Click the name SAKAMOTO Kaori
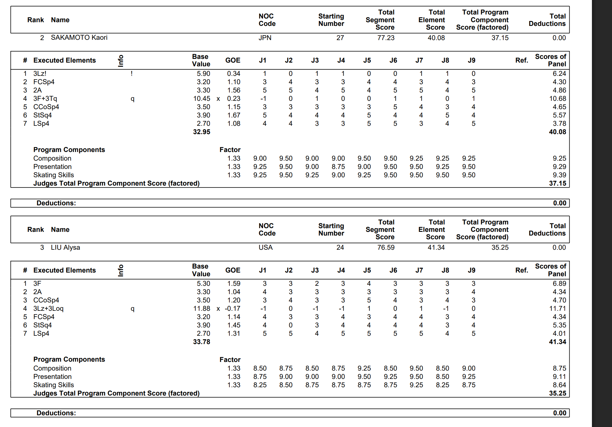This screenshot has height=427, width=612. [x=79, y=38]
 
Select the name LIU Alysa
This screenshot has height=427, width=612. [x=65, y=248]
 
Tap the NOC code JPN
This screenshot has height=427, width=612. [x=265, y=38]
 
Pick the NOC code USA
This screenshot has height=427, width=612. [x=266, y=248]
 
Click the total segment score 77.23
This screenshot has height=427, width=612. [x=386, y=38]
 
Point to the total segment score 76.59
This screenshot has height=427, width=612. [x=386, y=248]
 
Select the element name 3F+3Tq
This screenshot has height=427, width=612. [x=45, y=99]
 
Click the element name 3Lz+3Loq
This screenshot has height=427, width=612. [x=48, y=309]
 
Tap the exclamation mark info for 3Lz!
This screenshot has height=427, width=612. [x=132, y=74]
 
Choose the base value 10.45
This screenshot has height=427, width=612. [x=202, y=99]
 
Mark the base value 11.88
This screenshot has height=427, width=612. [x=202, y=309]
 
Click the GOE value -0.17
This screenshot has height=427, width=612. [x=233, y=309]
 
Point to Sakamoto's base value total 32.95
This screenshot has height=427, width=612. [x=202, y=132]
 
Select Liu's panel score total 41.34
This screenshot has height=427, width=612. [x=557, y=342]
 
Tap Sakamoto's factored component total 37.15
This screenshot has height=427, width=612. [x=557, y=183]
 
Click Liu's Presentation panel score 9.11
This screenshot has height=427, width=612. [x=559, y=377]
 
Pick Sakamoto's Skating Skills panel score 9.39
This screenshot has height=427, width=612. [x=559, y=175]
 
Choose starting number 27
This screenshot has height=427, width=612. [x=340, y=38]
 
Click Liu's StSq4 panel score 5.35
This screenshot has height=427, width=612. [x=559, y=325]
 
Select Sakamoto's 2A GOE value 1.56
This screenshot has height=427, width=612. [x=234, y=90]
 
